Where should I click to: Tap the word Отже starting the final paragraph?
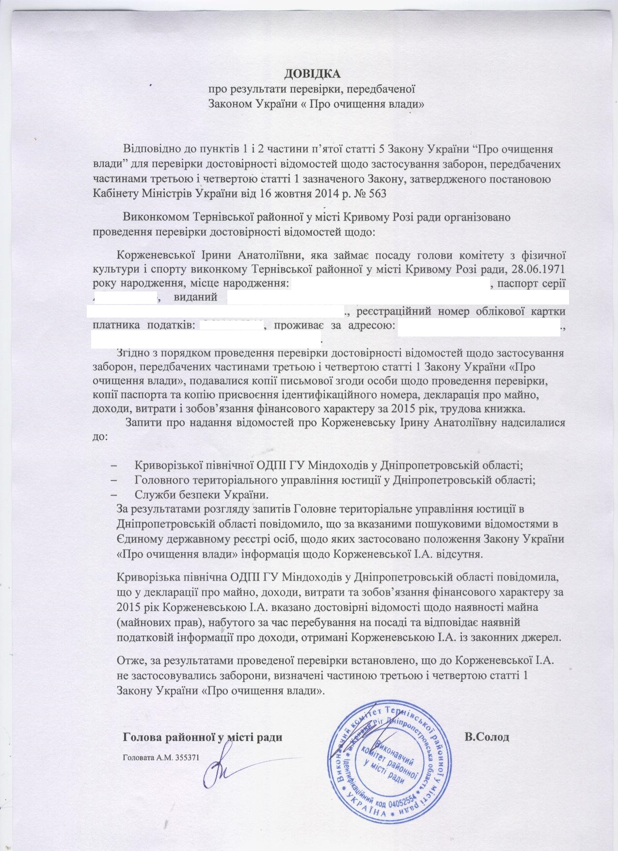coord(129,661)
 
